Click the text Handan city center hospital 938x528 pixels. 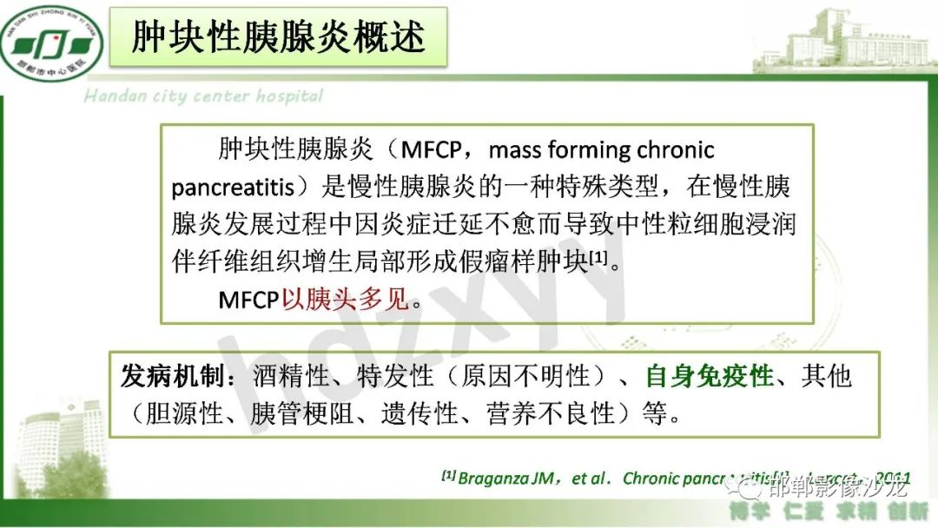pyautogui.click(x=203, y=96)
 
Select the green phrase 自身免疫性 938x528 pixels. pyautogui.click(x=709, y=376)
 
